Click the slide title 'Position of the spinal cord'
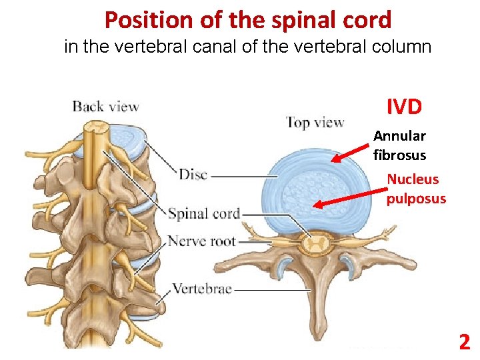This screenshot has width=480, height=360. [248, 20]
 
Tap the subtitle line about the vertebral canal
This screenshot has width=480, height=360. [248, 47]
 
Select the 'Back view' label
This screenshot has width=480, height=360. [105, 106]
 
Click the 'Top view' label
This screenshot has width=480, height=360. [315, 122]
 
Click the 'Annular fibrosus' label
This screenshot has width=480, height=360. [399, 145]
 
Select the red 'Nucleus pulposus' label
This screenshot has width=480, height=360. [416, 189]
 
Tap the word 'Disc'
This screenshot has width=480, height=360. [193, 175]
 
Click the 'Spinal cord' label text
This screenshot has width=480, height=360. [203, 214]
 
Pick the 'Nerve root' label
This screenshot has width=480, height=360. [202, 241]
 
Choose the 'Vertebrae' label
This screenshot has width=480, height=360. [203, 289]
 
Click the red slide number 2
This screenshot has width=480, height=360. [464, 343]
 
